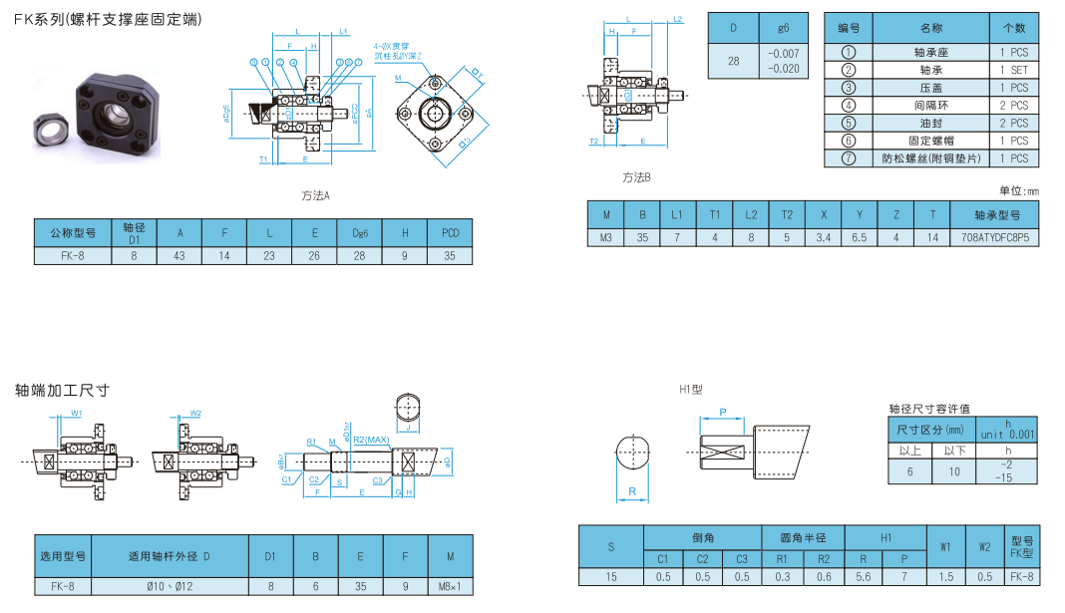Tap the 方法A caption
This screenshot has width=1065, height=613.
pos(315,195)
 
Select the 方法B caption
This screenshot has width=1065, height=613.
pos(636,177)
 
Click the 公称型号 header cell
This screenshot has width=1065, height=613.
pos(72,233)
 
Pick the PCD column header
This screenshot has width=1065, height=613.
pos(450,233)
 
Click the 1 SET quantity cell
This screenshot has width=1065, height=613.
pos(1014,70)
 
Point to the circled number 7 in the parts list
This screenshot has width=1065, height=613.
pos(849,158)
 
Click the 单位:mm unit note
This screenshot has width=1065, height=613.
pos(1018,189)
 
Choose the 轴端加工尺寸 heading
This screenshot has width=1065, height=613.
pos(62,390)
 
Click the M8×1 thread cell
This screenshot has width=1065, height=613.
pos(451,586)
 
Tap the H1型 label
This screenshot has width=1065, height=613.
pos(691,389)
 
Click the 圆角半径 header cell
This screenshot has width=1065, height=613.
pos(803,537)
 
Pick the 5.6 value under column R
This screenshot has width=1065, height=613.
pos(864,576)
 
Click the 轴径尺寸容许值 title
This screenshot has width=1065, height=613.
pos(929,409)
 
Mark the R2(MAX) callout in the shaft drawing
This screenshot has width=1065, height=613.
pos(371,440)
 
